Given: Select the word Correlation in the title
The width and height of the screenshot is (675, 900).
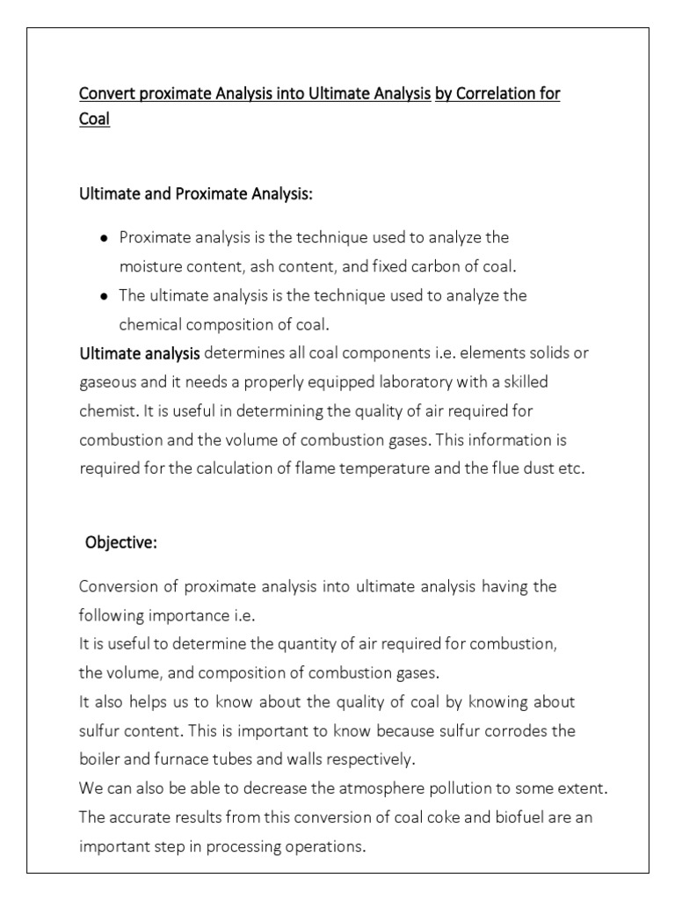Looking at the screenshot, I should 495,93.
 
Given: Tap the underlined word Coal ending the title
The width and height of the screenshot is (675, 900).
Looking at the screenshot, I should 95,120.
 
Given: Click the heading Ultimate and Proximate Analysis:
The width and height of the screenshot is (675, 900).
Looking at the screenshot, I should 196,193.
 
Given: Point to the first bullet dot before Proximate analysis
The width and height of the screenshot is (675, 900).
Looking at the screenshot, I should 105,238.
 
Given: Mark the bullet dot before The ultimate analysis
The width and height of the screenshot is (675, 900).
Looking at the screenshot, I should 105,296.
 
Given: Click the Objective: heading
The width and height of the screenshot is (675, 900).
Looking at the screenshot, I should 121,542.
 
